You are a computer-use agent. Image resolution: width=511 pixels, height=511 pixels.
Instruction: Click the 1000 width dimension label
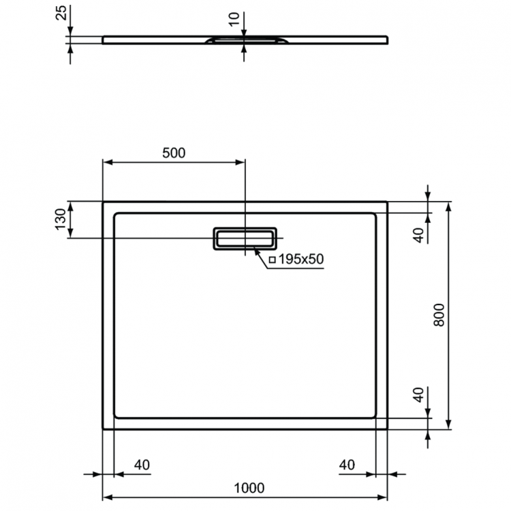[x=249, y=488]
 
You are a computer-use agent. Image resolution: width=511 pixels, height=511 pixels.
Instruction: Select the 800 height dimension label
[x=439, y=315]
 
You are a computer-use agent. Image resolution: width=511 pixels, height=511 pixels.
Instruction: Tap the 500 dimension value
[x=174, y=153]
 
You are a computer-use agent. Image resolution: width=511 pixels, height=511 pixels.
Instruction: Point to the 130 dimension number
[x=61, y=219]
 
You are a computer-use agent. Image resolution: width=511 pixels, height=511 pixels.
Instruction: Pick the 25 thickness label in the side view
[x=61, y=13]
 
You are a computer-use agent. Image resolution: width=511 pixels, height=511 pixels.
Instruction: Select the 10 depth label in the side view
[x=234, y=20]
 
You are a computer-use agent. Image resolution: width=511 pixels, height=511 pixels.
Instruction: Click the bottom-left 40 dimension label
[x=142, y=465]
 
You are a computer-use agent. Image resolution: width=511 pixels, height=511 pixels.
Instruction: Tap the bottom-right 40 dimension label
[x=347, y=465]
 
